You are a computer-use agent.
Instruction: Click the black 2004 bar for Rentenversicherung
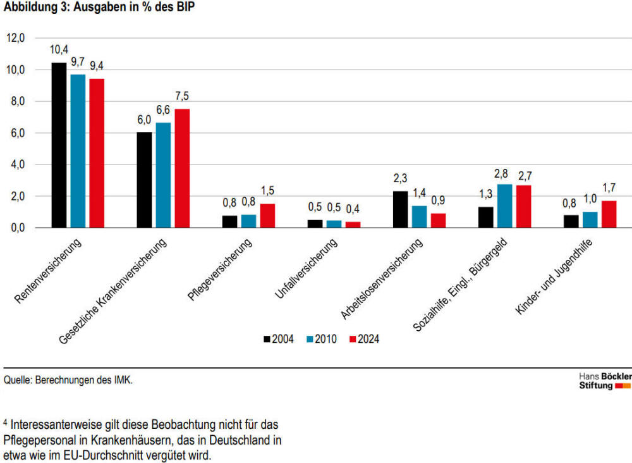click(59, 145)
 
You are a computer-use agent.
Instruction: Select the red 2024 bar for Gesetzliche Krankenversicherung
click(182, 168)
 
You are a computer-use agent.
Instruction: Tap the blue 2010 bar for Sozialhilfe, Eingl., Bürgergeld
click(504, 206)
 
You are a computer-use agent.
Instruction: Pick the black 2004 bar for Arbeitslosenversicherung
click(400, 209)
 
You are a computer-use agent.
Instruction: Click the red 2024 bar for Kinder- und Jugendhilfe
click(609, 214)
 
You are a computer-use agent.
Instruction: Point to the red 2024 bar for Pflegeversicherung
click(267, 215)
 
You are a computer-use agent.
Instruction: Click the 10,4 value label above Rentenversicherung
click(59, 49)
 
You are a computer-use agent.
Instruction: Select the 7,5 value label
click(182, 96)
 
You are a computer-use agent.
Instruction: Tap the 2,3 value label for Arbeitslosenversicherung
click(400, 179)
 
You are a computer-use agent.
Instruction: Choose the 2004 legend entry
click(279, 339)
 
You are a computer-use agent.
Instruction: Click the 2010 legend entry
click(321, 339)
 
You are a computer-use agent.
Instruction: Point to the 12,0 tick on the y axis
click(16, 38)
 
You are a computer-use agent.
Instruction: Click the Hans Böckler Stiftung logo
click(605, 381)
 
